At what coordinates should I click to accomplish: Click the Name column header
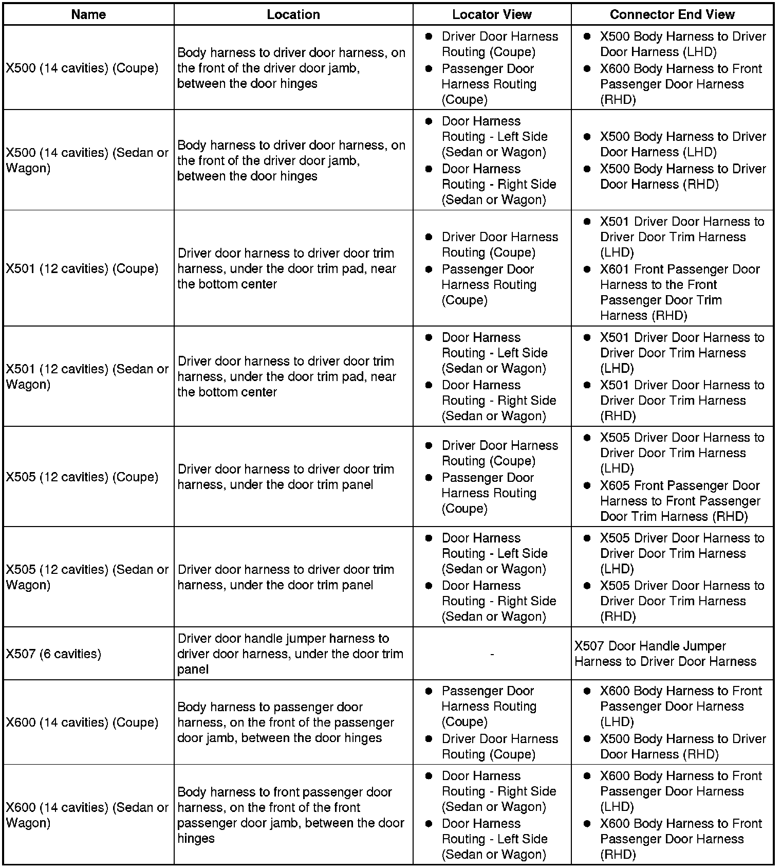(88, 14)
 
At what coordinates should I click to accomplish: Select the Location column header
(293, 14)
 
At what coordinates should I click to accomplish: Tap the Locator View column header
(492, 14)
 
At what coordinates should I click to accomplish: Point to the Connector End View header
(672, 14)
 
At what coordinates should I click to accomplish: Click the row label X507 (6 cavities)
(53, 654)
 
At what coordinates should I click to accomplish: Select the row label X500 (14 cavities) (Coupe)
(82, 68)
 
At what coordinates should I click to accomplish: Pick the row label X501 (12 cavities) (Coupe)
(82, 268)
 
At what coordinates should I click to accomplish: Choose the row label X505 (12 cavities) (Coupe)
(82, 477)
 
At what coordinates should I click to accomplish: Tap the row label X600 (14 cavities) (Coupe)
(82, 722)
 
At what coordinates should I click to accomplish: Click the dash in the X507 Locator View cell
(492, 654)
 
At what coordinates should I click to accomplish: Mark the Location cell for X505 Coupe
(286, 477)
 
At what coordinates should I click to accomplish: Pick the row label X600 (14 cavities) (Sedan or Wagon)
(87, 815)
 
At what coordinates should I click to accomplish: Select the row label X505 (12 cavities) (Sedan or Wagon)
(87, 577)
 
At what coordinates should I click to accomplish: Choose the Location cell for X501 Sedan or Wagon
(287, 376)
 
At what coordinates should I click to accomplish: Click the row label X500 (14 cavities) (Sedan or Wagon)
(87, 160)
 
